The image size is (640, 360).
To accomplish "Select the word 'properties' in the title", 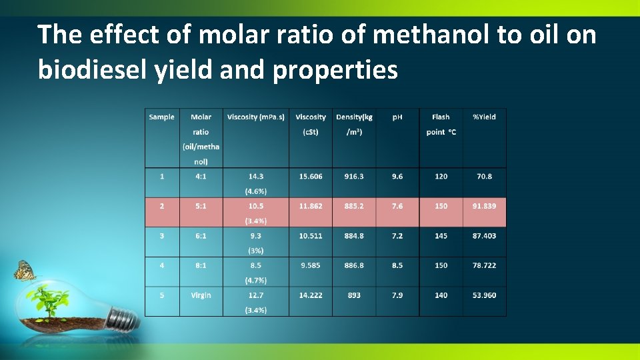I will click(x=335, y=69).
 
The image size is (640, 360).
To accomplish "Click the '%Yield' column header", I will click(x=484, y=117).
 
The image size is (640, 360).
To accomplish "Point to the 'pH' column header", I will click(x=397, y=117).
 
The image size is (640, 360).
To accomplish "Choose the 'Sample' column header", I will click(x=162, y=117).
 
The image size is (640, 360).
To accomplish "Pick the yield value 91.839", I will click(x=484, y=206).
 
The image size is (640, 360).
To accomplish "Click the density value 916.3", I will click(x=354, y=176).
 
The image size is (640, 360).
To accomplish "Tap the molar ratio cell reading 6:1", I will click(x=201, y=235).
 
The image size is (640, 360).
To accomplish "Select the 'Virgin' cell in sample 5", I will click(x=201, y=295).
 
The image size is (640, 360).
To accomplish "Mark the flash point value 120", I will click(x=441, y=176).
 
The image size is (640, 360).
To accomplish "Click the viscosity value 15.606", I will click(x=311, y=176).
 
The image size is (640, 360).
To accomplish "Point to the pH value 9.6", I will click(x=397, y=176).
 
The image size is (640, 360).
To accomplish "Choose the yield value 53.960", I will click(x=484, y=295).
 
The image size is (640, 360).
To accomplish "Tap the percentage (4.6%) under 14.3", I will click(x=256, y=191).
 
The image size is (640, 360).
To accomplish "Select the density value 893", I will click(x=354, y=295).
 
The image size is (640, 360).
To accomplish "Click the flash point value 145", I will click(x=441, y=235).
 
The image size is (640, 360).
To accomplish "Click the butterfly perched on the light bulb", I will click(x=25, y=270).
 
